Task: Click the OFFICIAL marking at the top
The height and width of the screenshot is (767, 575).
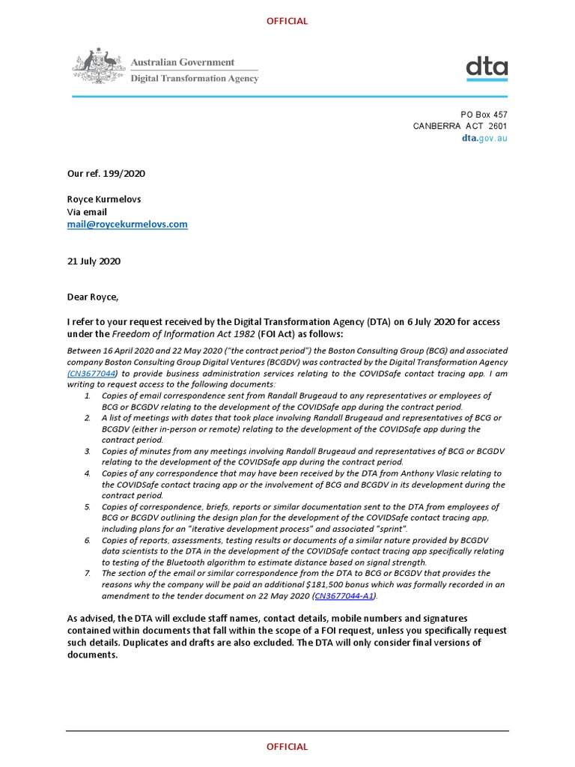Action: (x=287, y=21)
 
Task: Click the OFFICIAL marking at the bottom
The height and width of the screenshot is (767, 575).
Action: (x=287, y=746)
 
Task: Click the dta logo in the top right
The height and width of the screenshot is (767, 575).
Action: (x=486, y=68)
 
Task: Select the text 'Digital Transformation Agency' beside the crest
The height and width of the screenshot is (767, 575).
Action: (x=195, y=79)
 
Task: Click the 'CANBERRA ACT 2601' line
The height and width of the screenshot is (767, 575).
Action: (x=460, y=126)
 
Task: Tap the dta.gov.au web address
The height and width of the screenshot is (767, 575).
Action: (x=484, y=139)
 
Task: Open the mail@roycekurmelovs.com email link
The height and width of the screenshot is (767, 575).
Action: (x=127, y=224)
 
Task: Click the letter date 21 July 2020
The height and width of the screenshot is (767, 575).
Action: (x=94, y=261)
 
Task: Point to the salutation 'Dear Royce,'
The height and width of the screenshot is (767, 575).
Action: (x=93, y=297)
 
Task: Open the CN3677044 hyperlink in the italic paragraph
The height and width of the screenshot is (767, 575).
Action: (x=94, y=372)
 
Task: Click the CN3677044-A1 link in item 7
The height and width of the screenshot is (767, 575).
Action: (x=344, y=595)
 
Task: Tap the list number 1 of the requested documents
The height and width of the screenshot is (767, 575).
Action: (x=87, y=395)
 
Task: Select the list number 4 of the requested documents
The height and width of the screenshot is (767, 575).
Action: (x=87, y=473)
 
